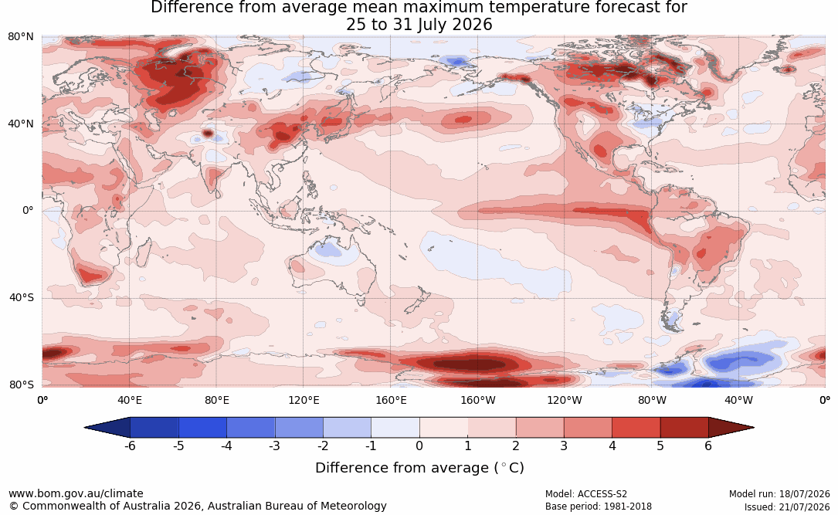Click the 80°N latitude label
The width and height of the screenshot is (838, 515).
click(x=20, y=37)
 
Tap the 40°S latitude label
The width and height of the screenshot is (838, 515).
click(x=22, y=297)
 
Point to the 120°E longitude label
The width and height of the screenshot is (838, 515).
click(x=304, y=400)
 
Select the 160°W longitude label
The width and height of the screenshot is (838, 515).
click(x=478, y=400)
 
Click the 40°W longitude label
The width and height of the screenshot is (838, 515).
click(x=738, y=400)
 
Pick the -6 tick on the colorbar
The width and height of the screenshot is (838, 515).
click(x=130, y=446)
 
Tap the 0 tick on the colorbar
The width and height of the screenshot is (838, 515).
click(x=419, y=446)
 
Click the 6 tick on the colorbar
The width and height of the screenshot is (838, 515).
click(x=708, y=446)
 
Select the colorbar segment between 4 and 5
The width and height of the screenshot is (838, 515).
click(x=636, y=428)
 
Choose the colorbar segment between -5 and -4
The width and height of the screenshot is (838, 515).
click(x=202, y=428)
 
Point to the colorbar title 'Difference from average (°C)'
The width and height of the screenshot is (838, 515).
click(x=419, y=468)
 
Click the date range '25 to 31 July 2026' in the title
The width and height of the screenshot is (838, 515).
click(x=419, y=25)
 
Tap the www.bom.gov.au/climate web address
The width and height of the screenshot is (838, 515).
click(x=76, y=493)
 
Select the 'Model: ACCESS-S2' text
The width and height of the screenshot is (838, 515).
click(x=585, y=494)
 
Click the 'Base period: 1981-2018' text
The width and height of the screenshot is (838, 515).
click(x=598, y=507)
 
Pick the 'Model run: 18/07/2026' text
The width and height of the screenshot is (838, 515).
click(x=779, y=494)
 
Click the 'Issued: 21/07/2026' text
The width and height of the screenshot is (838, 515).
click(x=787, y=507)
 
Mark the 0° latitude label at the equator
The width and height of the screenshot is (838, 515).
click(x=28, y=211)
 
